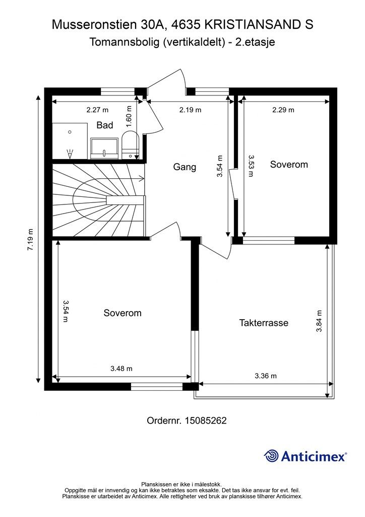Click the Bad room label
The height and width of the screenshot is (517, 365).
pos(105,125)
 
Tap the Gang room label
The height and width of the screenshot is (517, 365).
pos(185,167)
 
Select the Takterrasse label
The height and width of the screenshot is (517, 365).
pos(264,323)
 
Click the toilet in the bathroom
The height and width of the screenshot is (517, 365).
pos(131,145)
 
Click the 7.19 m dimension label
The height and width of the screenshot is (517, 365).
pos(30,240)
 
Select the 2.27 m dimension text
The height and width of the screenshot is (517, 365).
pos(97,110)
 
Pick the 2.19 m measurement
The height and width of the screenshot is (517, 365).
pos(190,110)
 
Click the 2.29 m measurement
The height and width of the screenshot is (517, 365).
pos(283,110)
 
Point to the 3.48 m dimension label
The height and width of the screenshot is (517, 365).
pos(121,368)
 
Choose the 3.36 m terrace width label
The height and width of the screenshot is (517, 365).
pos(266,376)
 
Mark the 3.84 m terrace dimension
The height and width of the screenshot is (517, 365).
pos(319,321)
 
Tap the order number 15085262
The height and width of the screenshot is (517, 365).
pos(205,421)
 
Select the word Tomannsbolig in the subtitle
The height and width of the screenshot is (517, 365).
pos(124,42)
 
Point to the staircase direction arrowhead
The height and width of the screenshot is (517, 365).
pos(142,179)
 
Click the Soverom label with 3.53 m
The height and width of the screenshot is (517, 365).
pos(289,165)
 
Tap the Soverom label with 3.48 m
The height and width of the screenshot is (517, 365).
pos(123,313)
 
